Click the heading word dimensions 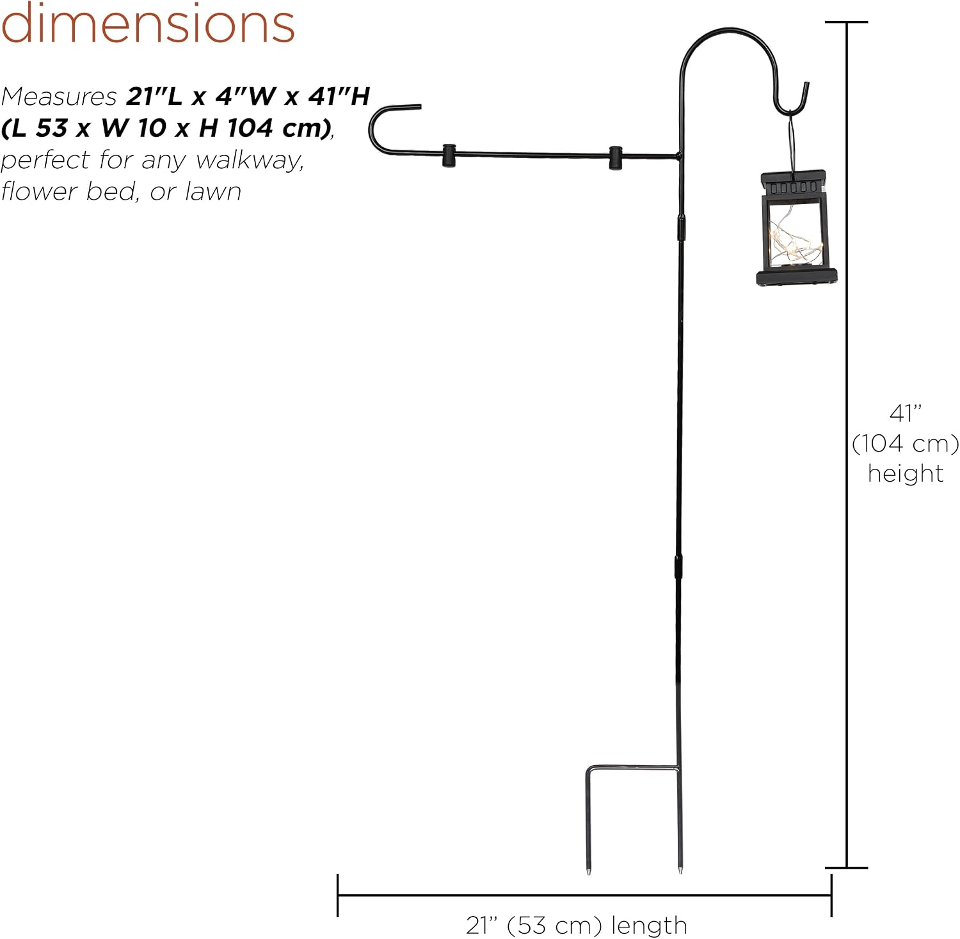pyautogui.click(x=148, y=23)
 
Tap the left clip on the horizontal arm pyautogui.click(x=449, y=155)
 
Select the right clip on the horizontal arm pyautogui.click(x=616, y=159)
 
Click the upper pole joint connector pyautogui.click(x=681, y=227)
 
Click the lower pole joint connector pyautogui.click(x=678, y=567)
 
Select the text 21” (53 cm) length pyautogui.click(x=576, y=925)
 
